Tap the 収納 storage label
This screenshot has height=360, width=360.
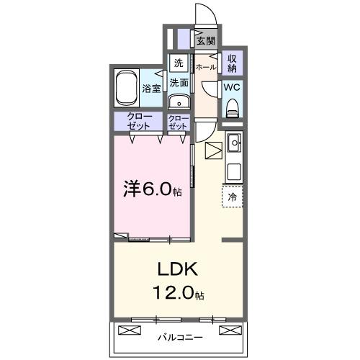(233, 63)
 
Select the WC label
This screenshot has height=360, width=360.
(232, 87)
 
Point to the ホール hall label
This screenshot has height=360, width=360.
(206, 66)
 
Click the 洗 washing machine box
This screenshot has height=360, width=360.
(178, 63)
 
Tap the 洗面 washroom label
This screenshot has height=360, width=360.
(179, 83)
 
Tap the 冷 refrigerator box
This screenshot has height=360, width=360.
(233, 195)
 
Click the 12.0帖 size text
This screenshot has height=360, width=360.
(177, 294)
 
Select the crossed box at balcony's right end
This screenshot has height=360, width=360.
(229, 330)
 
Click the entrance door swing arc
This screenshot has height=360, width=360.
(204, 15)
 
